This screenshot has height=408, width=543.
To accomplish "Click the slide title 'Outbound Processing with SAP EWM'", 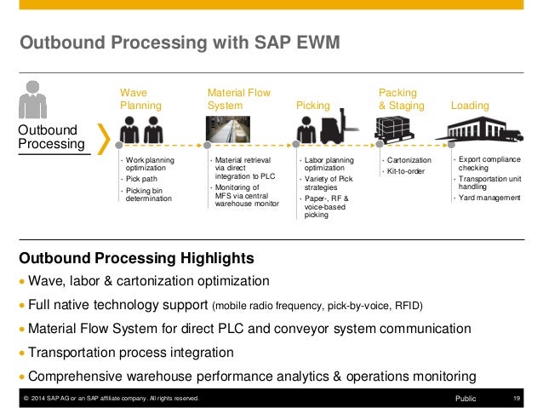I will point(180,43).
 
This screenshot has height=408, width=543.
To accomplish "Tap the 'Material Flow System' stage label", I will point(238,98).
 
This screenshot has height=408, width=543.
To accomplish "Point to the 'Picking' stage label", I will point(312,106).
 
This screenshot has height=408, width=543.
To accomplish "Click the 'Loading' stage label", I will point(469,106).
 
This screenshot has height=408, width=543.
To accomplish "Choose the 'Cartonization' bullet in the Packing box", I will point(409,160).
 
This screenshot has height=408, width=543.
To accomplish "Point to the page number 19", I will point(517,398).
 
